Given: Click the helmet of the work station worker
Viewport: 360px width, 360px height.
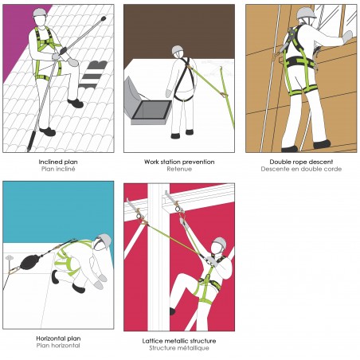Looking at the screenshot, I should click(x=176, y=52).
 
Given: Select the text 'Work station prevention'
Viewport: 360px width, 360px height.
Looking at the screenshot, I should click(x=178, y=162).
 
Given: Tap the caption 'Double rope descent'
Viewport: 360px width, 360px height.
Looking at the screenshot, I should click(x=299, y=162).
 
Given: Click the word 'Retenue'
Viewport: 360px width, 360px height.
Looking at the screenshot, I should click(x=178, y=169).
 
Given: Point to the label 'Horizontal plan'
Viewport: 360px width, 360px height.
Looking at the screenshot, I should click(x=58, y=338).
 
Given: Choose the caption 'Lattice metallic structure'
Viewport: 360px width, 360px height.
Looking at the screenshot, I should click(x=178, y=340).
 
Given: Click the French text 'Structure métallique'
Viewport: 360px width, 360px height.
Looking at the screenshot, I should click(x=178, y=347).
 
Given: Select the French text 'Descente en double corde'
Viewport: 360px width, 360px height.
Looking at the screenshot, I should click(x=299, y=169).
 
